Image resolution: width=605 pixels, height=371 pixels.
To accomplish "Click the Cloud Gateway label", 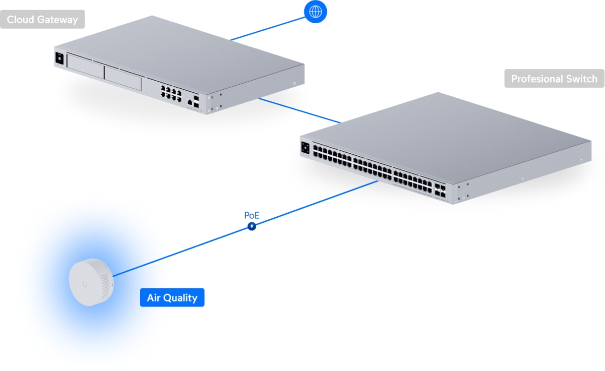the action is pos(42,19).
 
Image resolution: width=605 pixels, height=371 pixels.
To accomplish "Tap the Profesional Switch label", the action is pos(554,79).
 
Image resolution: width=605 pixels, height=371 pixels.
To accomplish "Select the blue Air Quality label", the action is pos(172,297).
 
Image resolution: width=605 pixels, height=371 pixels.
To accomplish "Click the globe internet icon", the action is pos(316,12).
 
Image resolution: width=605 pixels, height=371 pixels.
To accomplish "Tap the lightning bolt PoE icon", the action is pos(252,226).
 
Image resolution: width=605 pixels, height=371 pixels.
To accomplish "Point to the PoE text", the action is pos(252,215).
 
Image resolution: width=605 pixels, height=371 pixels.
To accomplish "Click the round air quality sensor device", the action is pos(91,282).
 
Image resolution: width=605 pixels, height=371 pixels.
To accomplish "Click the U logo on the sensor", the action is pos(85,284).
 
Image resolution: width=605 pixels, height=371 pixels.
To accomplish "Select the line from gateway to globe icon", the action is pos(267,29).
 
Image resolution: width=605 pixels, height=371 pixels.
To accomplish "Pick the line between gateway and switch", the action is pos(300,111).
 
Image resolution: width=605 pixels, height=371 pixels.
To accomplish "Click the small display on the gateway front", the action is pos(59,58).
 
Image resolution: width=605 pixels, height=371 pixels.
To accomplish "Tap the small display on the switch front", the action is pos(305,148).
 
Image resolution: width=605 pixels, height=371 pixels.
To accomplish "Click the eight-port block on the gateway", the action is pos(171,93).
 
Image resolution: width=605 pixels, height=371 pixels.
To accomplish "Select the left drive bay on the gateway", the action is pos(85,67).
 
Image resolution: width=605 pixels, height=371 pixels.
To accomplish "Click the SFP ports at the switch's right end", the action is pos(440,191).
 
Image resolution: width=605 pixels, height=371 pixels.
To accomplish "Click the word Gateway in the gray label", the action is pos(57,20).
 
